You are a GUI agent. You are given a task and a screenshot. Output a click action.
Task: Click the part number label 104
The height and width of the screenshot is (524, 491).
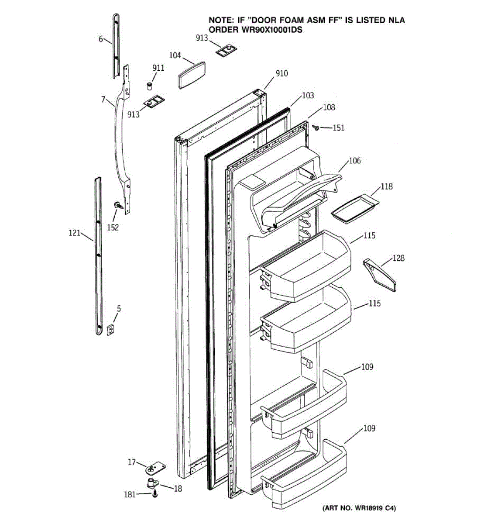point(175,55)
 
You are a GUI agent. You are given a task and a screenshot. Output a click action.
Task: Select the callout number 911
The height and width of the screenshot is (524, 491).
point(158,68)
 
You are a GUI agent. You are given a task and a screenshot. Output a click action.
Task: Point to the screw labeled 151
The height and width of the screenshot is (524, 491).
point(316,127)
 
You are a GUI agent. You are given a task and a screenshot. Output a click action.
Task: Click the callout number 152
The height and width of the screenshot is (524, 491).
point(113,227)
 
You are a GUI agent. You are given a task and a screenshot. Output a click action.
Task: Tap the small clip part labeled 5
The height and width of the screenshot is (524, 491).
point(111,329)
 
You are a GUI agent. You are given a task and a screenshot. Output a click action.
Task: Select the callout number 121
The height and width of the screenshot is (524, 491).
point(75,233)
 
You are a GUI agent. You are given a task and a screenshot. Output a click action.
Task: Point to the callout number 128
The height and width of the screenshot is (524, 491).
point(398,258)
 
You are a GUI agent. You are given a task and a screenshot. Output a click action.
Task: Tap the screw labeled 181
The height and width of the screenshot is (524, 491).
point(155,494)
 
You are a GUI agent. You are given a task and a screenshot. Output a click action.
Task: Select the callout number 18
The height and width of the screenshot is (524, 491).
point(178,489)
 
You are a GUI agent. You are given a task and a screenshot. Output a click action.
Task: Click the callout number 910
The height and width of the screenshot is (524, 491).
point(282,73)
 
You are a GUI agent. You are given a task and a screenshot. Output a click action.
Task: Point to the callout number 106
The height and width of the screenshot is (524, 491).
point(354,161)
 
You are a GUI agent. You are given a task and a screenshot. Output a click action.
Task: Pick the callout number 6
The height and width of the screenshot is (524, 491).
point(101,39)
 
